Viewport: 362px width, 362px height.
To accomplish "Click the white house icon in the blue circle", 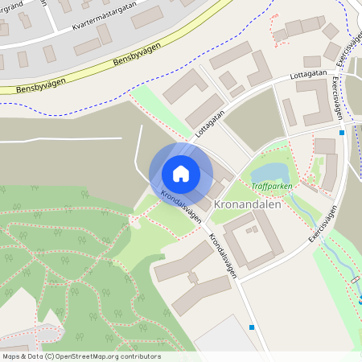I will point(181,173).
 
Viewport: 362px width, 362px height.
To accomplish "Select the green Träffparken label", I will point(273,186).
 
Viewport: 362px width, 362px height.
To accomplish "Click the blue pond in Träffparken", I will point(270,171).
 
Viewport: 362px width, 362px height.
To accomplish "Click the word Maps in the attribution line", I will point(12,356).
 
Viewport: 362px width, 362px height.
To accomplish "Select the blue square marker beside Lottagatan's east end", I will point(342,132).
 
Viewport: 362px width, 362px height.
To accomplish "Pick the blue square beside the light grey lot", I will point(253,327).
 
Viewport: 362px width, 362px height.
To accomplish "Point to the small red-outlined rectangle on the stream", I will point(356,282).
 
